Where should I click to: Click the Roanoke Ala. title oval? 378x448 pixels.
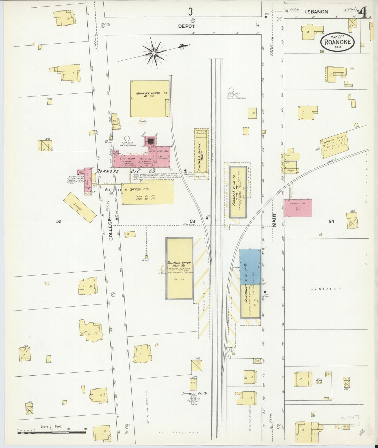pyautogui.click(x=337, y=41)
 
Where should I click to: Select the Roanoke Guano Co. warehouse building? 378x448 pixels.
pyautogui.click(x=150, y=99)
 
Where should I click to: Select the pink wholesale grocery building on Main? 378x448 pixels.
pyautogui.click(x=298, y=208)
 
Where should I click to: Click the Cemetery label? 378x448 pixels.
pyautogui.click(x=326, y=289)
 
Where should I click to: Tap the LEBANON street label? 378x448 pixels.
pyautogui.click(x=316, y=12)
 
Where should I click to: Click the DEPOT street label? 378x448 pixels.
pyautogui.click(x=187, y=26)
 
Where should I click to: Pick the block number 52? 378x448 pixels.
pyautogui.click(x=59, y=221)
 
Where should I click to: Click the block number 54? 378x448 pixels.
pyautogui.click(x=331, y=221)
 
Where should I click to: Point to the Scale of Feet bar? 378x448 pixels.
pyautogui.click(x=51, y=432)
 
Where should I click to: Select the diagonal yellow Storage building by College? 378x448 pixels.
pyautogui.click(x=80, y=208)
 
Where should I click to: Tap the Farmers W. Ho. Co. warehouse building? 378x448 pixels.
pyautogui.click(x=238, y=192)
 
